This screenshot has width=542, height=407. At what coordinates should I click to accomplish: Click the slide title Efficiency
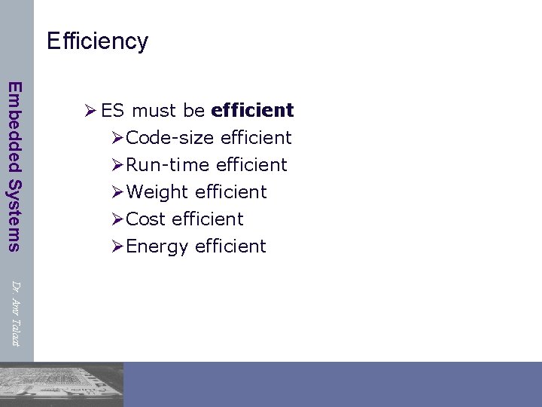(97, 41)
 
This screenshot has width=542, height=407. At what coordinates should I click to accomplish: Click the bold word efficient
(252, 111)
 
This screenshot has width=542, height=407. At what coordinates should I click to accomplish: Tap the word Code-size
(170, 138)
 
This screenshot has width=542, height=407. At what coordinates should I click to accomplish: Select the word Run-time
(168, 165)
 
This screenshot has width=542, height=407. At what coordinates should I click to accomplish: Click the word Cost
(146, 219)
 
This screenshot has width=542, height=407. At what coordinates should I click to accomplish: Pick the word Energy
(157, 247)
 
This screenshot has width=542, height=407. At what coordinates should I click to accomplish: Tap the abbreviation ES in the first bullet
(112, 111)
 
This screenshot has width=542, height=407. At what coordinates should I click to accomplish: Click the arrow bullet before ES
(90, 111)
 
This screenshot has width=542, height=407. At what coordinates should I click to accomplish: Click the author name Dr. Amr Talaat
(15, 314)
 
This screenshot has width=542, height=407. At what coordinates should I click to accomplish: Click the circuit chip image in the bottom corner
(60, 384)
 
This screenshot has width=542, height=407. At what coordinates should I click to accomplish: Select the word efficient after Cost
(208, 219)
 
